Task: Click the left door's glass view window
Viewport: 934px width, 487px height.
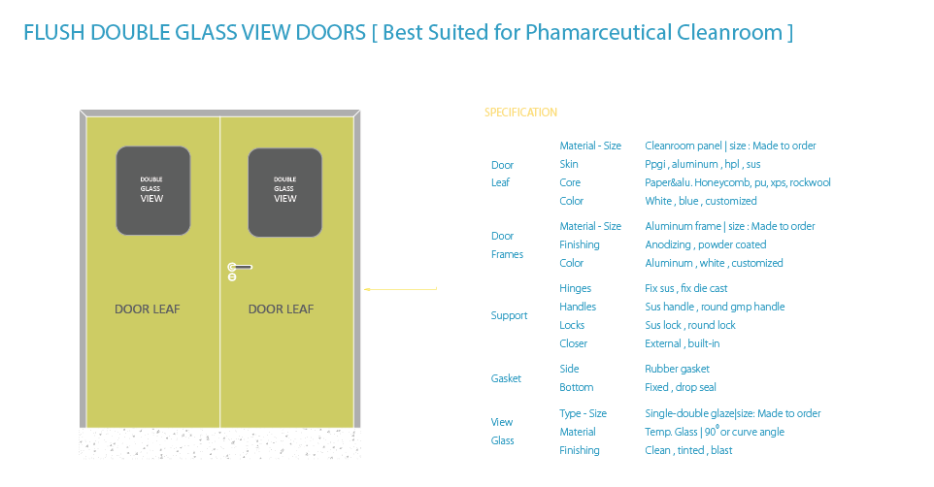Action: coord(152,190)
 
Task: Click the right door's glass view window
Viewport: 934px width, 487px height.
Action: coord(284,192)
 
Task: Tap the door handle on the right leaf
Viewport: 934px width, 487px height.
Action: coord(241,267)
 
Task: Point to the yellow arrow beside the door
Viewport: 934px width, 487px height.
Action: coord(400,289)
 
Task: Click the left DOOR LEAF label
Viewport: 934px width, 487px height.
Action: coord(148,309)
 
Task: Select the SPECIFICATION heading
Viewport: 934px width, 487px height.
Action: coord(520,113)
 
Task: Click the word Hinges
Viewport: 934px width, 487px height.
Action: coord(575,288)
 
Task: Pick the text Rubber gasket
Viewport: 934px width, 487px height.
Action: coord(677,369)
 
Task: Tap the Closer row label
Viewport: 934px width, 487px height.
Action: coord(573,343)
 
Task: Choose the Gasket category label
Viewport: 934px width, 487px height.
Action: coord(506,378)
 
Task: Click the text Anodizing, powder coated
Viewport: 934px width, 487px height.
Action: coord(705,244)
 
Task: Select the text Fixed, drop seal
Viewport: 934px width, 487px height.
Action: coord(681,387)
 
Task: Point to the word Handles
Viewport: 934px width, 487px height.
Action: coord(577,307)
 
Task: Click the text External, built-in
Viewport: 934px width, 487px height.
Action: coord(682,343)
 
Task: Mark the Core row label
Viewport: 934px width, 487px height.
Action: coord(570,182)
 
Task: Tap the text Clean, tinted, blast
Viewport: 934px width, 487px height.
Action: coord(688,450)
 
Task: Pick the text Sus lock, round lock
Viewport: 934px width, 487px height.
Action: coord(690,325)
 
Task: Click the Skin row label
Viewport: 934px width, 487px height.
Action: coord(569,164)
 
